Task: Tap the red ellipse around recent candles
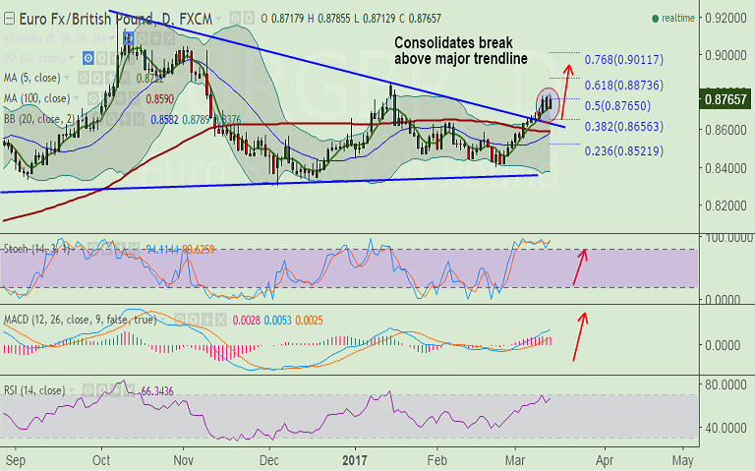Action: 548,102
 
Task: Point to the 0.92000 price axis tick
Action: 724,19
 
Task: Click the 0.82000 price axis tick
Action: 724,206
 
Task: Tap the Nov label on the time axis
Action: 185,459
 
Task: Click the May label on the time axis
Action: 682,459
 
